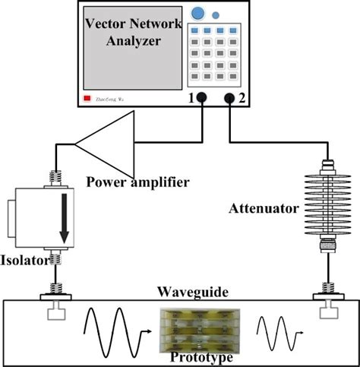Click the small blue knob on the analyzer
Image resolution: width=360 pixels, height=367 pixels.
[216, 14]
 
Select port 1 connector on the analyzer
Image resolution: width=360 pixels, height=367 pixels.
[204, 99]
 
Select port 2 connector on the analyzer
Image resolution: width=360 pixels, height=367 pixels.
[229, 99]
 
